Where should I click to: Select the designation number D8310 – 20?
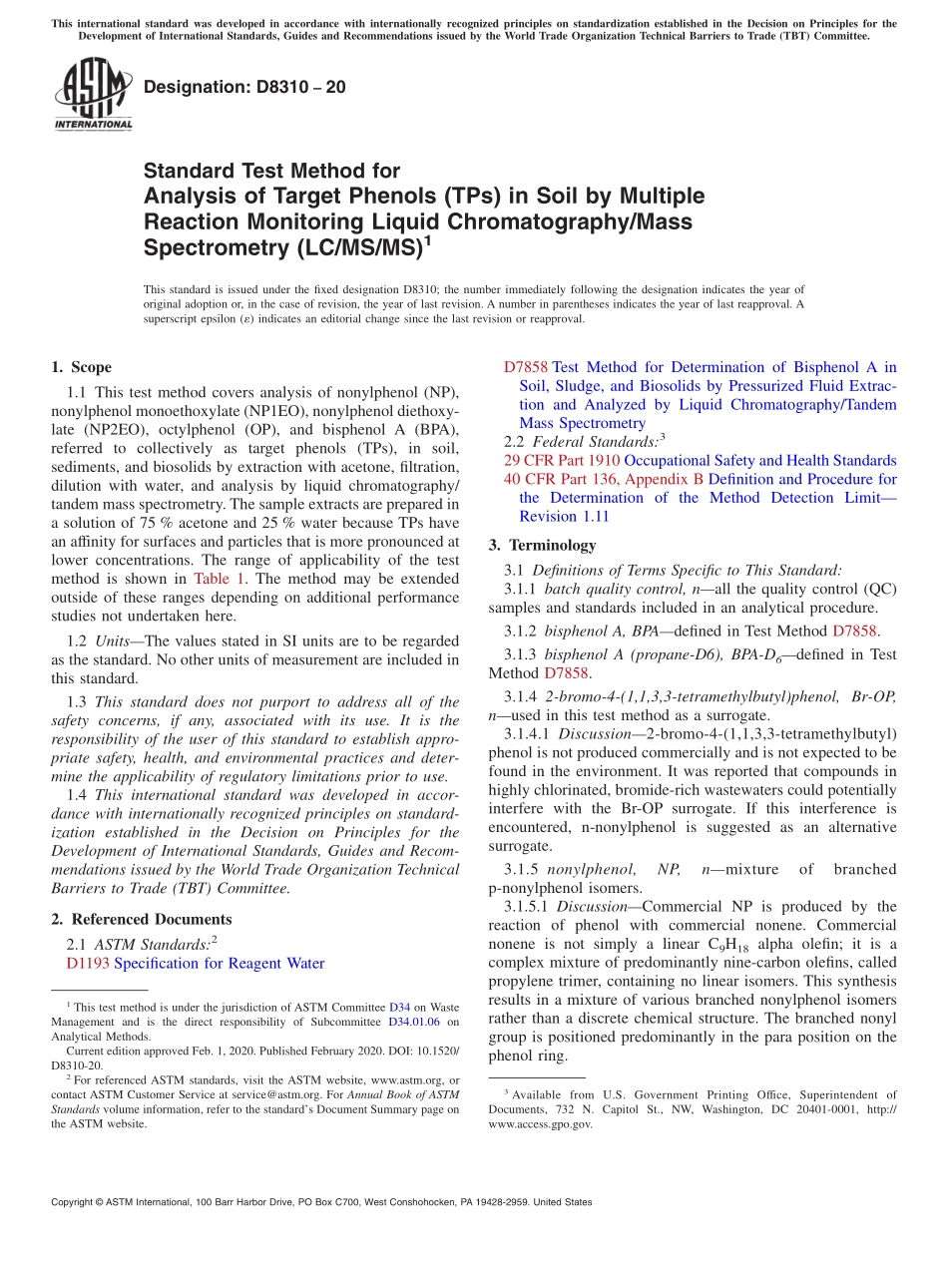pyautogui.click(x=244, y=87)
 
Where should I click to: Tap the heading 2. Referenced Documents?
pyautogui.click(x=141, y=920)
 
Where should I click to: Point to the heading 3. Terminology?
pyautogui.click(x=542, y=546)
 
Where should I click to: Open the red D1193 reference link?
pyautogui.click(x=88, y=964)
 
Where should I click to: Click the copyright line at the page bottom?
pyautogui.click(x=320, y=1202)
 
